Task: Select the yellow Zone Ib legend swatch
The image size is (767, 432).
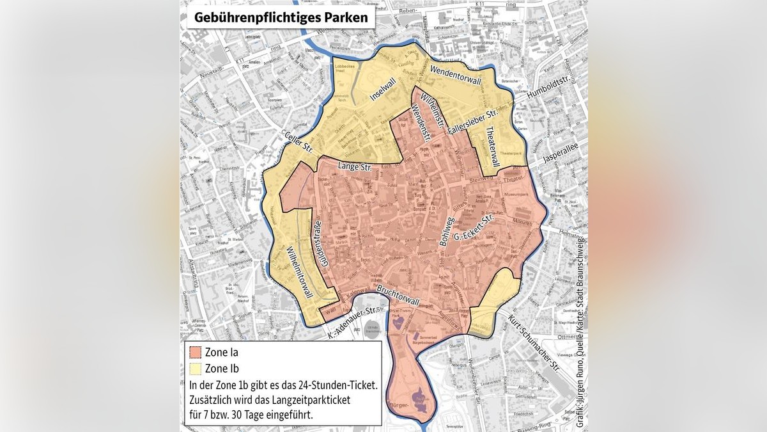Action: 194,368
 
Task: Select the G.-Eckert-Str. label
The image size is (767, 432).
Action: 475,235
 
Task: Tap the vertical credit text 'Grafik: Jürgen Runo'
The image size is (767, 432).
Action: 580,391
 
